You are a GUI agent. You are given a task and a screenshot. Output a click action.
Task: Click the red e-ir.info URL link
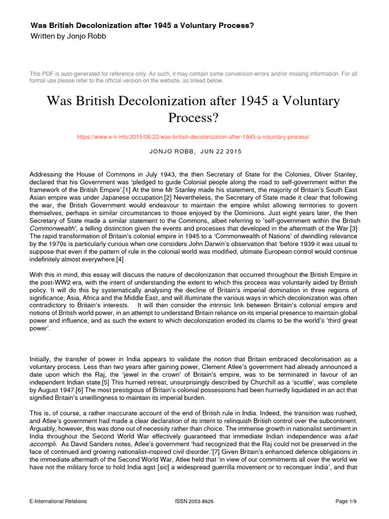(193, 137)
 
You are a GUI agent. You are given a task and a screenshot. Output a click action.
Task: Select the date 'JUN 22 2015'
(223, 152)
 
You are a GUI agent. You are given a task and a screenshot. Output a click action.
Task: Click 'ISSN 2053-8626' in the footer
(194, 501)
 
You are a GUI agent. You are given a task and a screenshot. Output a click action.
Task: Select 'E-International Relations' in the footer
(58, 501)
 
